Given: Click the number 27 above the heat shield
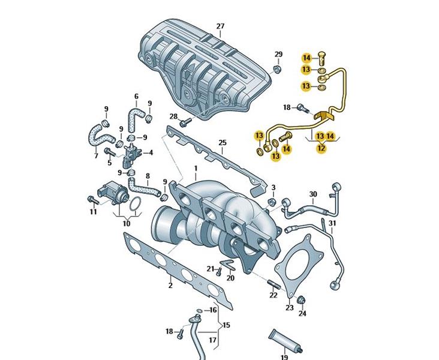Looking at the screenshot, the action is [220, 26].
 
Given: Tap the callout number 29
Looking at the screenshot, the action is [278, 54].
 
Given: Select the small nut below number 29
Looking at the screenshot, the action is [277, 69].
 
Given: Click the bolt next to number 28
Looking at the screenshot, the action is [185, 122].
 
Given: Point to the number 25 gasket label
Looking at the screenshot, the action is [222, 143].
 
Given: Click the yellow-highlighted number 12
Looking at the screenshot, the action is [321, 148].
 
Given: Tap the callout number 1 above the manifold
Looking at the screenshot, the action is [196, 169].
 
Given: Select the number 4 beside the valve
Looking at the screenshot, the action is [151, 152].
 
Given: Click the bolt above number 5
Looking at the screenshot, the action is [110, 152].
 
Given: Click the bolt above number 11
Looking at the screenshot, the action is [93, 200].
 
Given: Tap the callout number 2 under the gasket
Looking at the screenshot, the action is [170, 286].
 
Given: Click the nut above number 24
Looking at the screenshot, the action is [301, 300].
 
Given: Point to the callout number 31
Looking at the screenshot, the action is [332, 223].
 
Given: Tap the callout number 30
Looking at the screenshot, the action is [313, 194].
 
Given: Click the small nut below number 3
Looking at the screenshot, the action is [272, 202].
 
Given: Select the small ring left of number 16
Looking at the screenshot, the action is [200, 310].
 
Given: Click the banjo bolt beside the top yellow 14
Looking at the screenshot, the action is [322, 59].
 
